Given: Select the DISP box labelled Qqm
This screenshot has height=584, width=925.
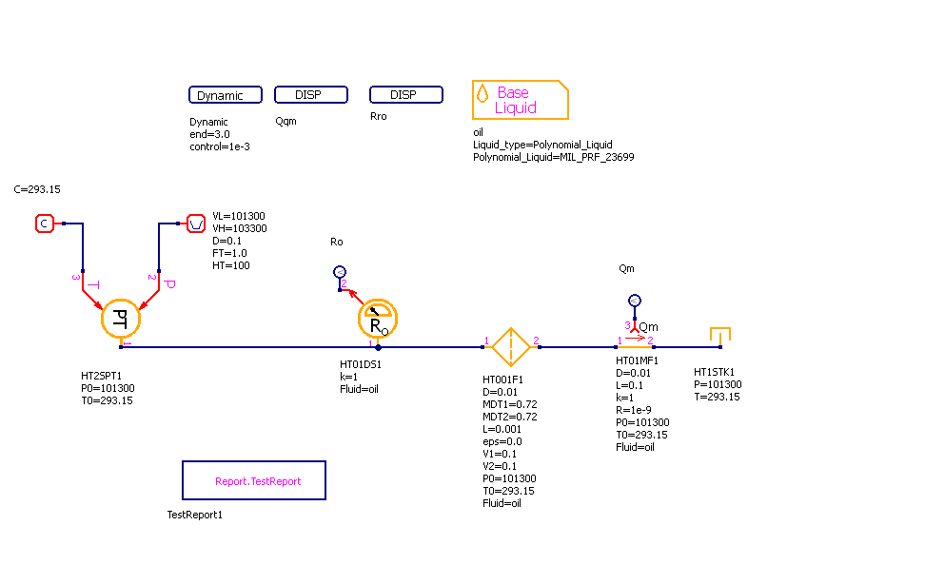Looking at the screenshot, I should coord(311,95).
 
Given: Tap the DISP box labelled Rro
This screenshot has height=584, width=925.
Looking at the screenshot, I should coord(405,95).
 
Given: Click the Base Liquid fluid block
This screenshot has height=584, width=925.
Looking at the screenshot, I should coord(520,100).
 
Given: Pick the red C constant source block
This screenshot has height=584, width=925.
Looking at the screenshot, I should coord(44,224).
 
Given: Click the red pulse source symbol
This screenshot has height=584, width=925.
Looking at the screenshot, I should coord(195,224).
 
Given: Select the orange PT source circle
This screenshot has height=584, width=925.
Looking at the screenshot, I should coord(121,319).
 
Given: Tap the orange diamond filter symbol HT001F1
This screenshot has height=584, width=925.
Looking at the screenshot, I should coord(511,347).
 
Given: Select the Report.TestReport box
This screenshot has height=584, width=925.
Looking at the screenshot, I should coord(254,480).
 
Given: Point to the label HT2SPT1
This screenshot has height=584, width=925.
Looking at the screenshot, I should coord(102,376).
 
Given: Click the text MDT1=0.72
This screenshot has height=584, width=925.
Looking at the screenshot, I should coord(509,404).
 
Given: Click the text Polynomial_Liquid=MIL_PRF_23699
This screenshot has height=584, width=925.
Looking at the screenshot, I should coord(553,157).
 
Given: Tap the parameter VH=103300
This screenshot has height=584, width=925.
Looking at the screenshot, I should coord(240,229).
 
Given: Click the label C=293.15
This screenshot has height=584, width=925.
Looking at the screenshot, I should coord(37,189).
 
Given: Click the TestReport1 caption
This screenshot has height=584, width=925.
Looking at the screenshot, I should coord(194,515).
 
